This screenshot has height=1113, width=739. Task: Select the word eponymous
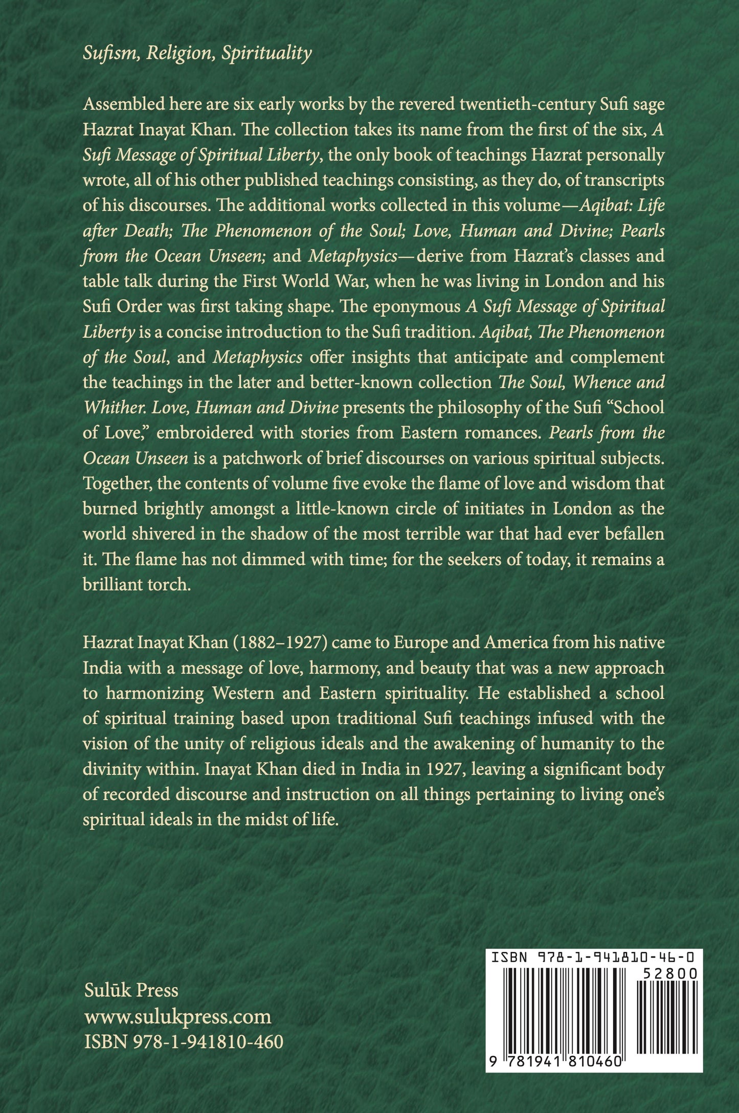coord(403,306)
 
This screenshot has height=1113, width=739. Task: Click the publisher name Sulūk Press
coord(131,991)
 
